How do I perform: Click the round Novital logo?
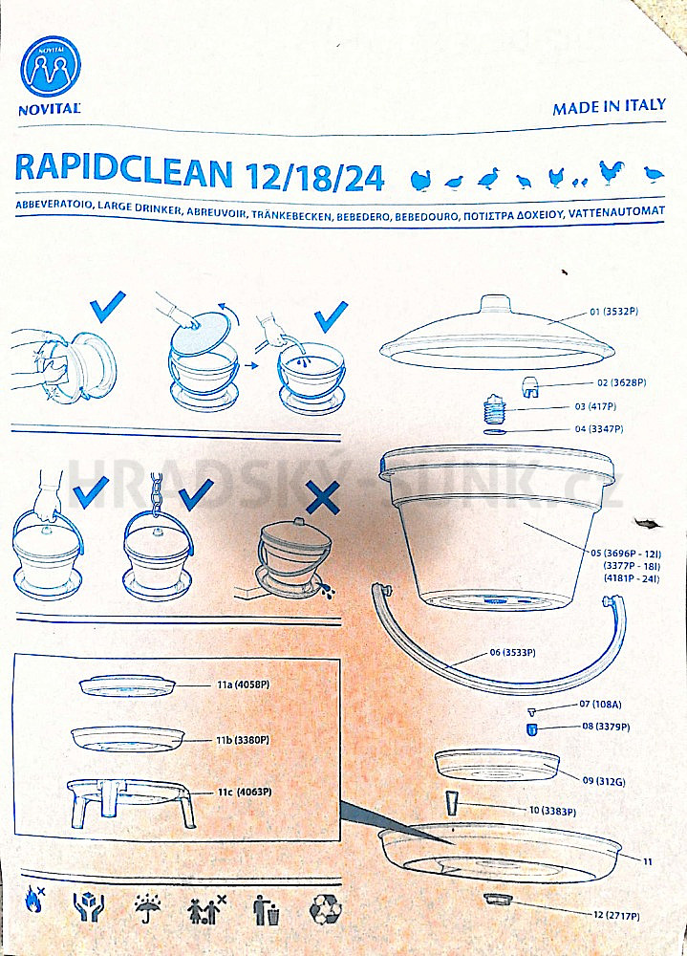[51, 66]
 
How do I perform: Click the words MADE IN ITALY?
[609, 106]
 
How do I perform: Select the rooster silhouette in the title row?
[612, 173]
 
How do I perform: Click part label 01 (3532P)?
[613, 312]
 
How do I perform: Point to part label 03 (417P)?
[595, 406]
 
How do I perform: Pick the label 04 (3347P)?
[599, 428]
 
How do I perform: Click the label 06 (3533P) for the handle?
[513, 652]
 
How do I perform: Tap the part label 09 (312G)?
[604, 780]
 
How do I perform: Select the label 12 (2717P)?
[616, 915]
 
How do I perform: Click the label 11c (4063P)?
[245, 792]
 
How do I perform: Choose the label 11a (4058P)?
[244, 684]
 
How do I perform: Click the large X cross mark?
[322, 497]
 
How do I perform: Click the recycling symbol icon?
[326, 909]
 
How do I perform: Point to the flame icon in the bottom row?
[34, 900]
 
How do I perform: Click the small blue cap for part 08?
[531, 728]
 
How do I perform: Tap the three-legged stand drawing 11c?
[132, 803]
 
